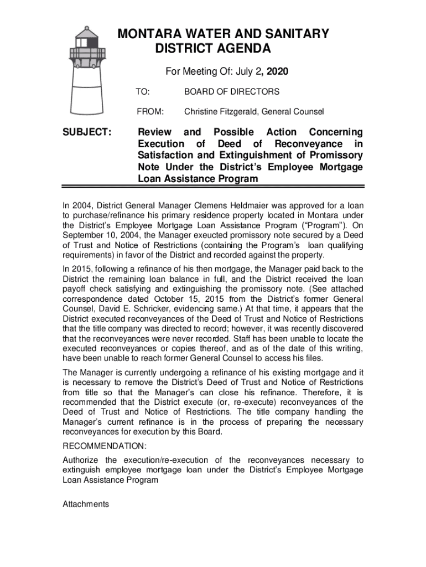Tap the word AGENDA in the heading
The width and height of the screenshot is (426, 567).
(x=244, y=49)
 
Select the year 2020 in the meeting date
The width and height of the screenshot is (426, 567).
(x=277, y=72)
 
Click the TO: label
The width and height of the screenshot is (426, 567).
(x=143, y=92)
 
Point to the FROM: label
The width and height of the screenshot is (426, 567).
(x=150, y=112)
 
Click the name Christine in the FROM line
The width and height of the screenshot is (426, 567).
(x=201, y=112)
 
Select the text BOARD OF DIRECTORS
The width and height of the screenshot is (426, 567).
(x=232, y=92)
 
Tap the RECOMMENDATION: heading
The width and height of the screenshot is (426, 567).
(x=105, y=446)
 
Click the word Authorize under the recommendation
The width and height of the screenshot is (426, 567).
(x=81, y=460)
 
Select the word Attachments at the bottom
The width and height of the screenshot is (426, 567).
(x=86, y=504)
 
